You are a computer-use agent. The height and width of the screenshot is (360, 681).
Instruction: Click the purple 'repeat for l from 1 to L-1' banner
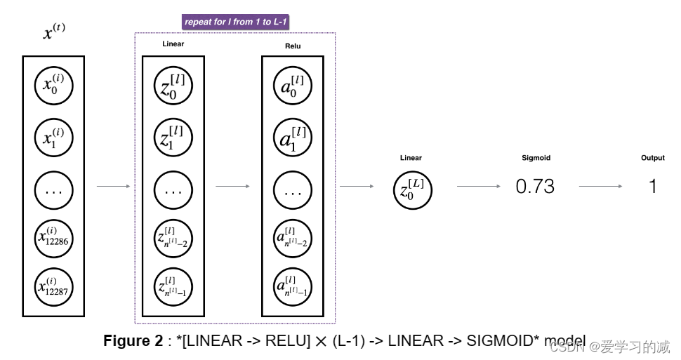tap(235, 22)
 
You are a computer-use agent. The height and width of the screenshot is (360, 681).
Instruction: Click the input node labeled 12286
tap(54, 239)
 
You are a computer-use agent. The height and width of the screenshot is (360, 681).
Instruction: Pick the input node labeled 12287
tap(54, 286)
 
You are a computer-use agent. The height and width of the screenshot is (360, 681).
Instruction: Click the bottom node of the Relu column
tap(292, 286)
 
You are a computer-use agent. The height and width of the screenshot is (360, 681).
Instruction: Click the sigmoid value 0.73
tap(535, 187)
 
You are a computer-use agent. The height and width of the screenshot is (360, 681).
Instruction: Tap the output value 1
tap(652, 187)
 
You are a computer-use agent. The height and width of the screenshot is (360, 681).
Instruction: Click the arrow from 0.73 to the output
tap(600, 187)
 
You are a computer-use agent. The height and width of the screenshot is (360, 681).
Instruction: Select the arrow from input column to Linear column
tap(113, 187)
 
